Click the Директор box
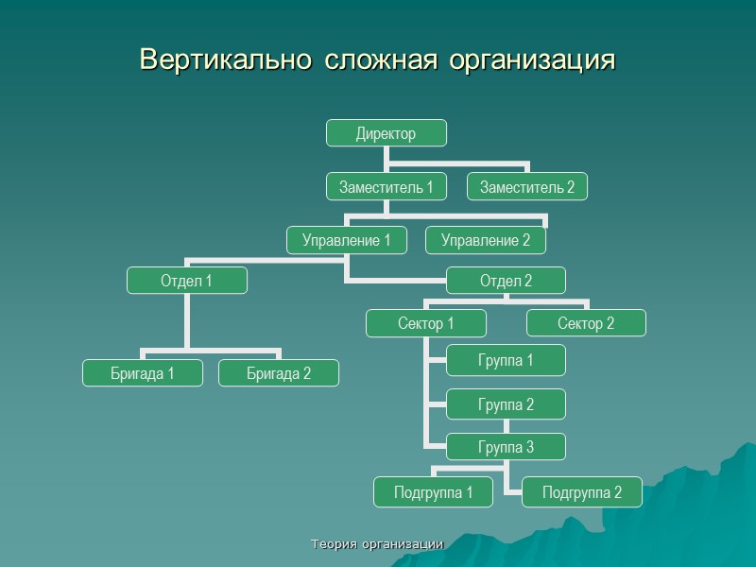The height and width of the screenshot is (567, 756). tap(386, 133)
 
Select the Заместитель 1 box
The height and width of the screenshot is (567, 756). tap(386, 187)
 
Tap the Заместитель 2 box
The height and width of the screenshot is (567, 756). tap(527, 187)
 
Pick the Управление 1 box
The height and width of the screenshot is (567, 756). tap(347, 240)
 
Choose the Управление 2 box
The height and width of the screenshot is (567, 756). tap(485, 240)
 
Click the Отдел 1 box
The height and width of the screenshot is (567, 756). tap(187, 281)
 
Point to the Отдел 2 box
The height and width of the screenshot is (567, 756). tap(506, 281)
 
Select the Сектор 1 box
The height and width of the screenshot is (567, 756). tap(425, 323)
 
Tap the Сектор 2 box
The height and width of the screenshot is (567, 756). tap(586, 323)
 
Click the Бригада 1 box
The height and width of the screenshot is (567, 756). tap(142, 373)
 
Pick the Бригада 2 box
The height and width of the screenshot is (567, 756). tap(279, 373)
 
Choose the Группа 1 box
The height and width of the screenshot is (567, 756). tap(506, 359)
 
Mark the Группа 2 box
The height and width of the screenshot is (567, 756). tap(506, 404)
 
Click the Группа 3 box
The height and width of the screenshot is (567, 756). tap(506, 447)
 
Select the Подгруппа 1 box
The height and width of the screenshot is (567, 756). tap(435, 491)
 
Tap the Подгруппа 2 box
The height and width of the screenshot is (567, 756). tap(583, 491)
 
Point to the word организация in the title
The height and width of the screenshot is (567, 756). tap(532, 60)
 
